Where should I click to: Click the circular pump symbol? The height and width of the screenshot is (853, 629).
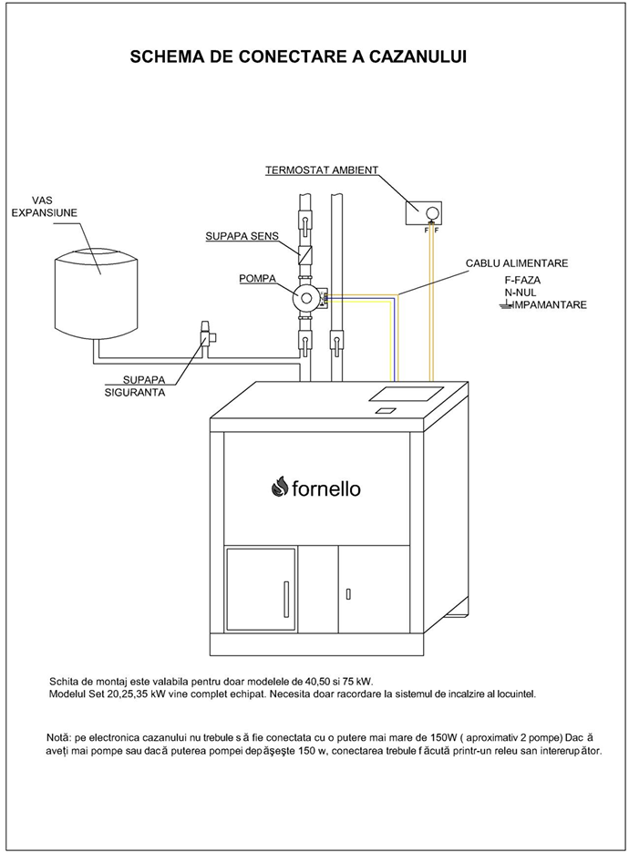pyautogui.click(x=303, y=296)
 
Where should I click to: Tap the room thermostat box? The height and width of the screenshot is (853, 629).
pyautogui.click(x=425, y=213)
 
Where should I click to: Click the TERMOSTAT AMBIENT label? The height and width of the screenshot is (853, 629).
pyautogui.click(x=321, y=170)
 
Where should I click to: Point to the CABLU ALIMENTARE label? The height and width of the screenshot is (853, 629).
pyautogui.click(x=517, y=262)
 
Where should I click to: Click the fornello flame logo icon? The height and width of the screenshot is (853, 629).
pyautogui.click(x=279, y=488)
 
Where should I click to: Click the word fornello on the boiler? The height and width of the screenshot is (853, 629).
pyautogui.click(x=325, y=489)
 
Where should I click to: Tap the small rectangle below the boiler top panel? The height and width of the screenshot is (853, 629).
pyautogui.click(x=386, y=411)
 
